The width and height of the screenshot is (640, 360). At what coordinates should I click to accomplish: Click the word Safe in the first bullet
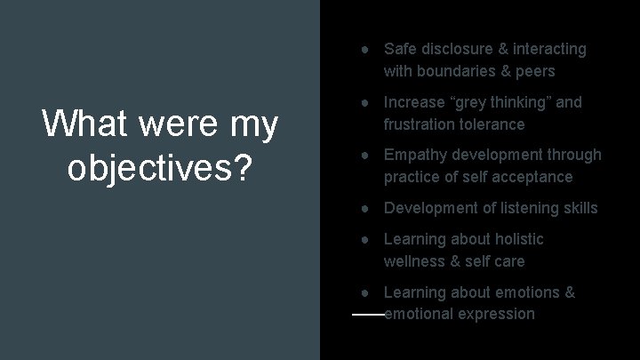400,49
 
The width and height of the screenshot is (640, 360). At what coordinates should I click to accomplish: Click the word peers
533,71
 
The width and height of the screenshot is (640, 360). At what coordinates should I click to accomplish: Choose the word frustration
423,124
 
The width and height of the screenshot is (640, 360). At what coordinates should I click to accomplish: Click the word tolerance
495,124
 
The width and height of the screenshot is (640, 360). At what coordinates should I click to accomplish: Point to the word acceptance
529,177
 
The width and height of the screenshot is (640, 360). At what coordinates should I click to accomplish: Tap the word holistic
514,239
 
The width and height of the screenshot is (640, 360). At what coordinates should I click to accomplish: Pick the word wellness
415,261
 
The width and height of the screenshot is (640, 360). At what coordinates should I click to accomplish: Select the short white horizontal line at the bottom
368,315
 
